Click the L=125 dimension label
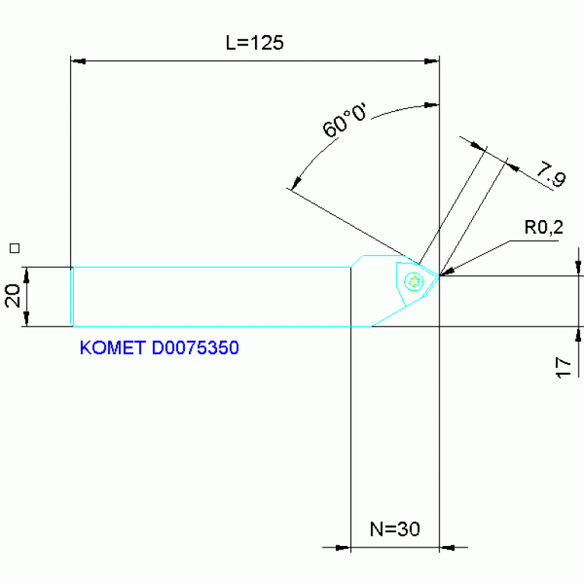click(255, 43)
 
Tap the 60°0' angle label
click(344, 120)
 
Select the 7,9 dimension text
click(551, 174)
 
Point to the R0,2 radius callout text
click(544, 227)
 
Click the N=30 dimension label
click(395, 529)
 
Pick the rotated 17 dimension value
click(563, 368)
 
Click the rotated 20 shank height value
click(13, 295)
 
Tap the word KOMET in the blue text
click(113, 348)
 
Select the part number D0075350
click(195, 348)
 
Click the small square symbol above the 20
click(14, 248)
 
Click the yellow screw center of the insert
click(413, 282)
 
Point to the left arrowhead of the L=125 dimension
click(78, 61)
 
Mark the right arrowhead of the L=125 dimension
click(432, 61)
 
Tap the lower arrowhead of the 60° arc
click(296, 183)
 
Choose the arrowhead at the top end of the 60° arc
click(432, 105)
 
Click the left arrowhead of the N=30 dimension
click(343, 547)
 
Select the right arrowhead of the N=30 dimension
click(447, 547)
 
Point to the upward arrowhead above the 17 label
click(578, 334)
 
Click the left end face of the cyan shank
click(72, 297)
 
